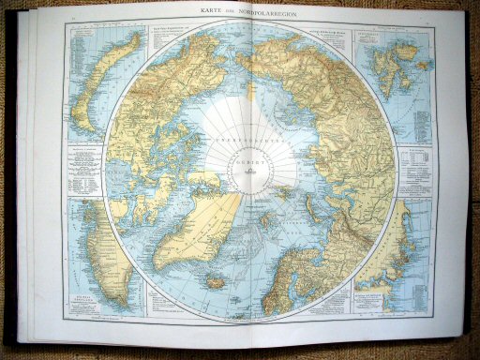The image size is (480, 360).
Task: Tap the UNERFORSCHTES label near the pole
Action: tap(249, 141)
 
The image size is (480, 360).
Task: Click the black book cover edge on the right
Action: tap(472, 187)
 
